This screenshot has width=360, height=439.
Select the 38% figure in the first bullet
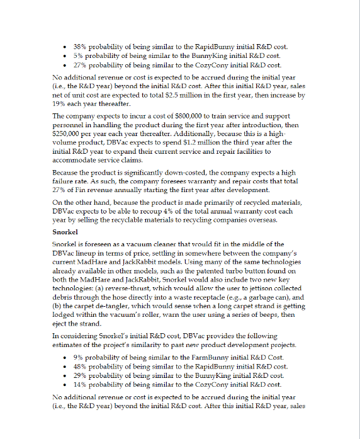(x=81, y=47)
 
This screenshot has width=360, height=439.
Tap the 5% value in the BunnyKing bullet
(x=79, y=56)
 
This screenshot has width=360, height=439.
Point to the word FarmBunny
(x=217, y=357)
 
